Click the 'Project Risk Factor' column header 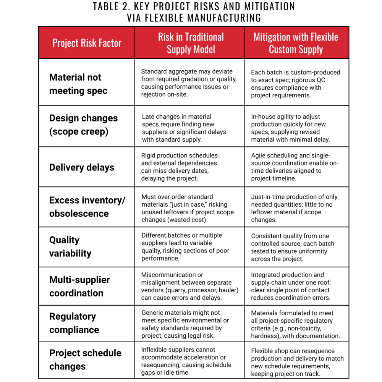click(87, 43)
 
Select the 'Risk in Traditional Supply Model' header click(191, 43)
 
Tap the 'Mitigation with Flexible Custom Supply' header click(296, 43)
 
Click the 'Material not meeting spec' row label click(78, 84)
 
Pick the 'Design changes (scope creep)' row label click(83, 125)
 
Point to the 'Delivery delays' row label click(81, 167)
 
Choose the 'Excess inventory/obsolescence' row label click(87, 207)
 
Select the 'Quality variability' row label click(70, 246)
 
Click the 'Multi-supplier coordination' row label click(79, 286)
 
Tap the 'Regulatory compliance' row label click(74, 323)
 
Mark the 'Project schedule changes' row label click(85, 359)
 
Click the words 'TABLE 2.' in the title click(115, 7)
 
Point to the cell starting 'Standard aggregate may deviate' click(189, 83)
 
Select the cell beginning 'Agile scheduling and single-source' click(295, 167)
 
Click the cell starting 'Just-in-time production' click(294, 208)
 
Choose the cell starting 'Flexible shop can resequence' click(297, 362)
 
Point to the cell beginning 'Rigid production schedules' click(180, 167)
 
